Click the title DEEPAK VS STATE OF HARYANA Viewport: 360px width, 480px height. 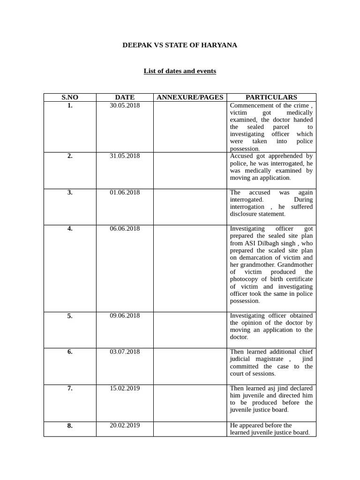coord(180,45)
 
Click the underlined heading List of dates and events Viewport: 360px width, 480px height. coord(180,71)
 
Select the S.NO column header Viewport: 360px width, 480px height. coord(70,97)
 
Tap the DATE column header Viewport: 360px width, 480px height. coord(125,97)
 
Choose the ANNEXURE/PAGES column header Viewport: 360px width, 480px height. coord(190,97)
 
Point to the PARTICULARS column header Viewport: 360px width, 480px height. coord(271,97)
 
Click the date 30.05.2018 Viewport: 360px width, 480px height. coord(125,105)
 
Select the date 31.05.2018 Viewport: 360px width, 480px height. coord(125,156)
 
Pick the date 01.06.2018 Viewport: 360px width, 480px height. coord(125,193)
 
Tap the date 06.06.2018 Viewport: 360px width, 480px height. coord(125,229)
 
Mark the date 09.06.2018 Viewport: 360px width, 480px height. coord(125,315)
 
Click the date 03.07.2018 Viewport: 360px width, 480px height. coord(125,352)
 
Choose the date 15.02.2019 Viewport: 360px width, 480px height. coord(125,389)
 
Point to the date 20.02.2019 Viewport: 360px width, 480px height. coord(125,426)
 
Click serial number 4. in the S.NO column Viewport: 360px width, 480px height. coord(70,229)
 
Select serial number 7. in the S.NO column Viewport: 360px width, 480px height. coord(70,389)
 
